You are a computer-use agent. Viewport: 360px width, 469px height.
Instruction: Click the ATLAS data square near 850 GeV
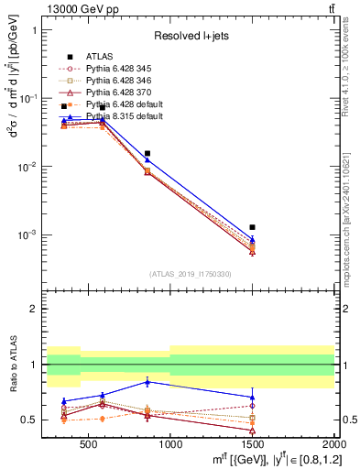147,154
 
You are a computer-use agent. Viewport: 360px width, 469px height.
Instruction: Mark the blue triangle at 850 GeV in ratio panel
147,381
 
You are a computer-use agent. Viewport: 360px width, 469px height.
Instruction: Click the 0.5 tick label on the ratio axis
29,420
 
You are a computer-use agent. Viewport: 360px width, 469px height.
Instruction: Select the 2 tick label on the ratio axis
33,310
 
